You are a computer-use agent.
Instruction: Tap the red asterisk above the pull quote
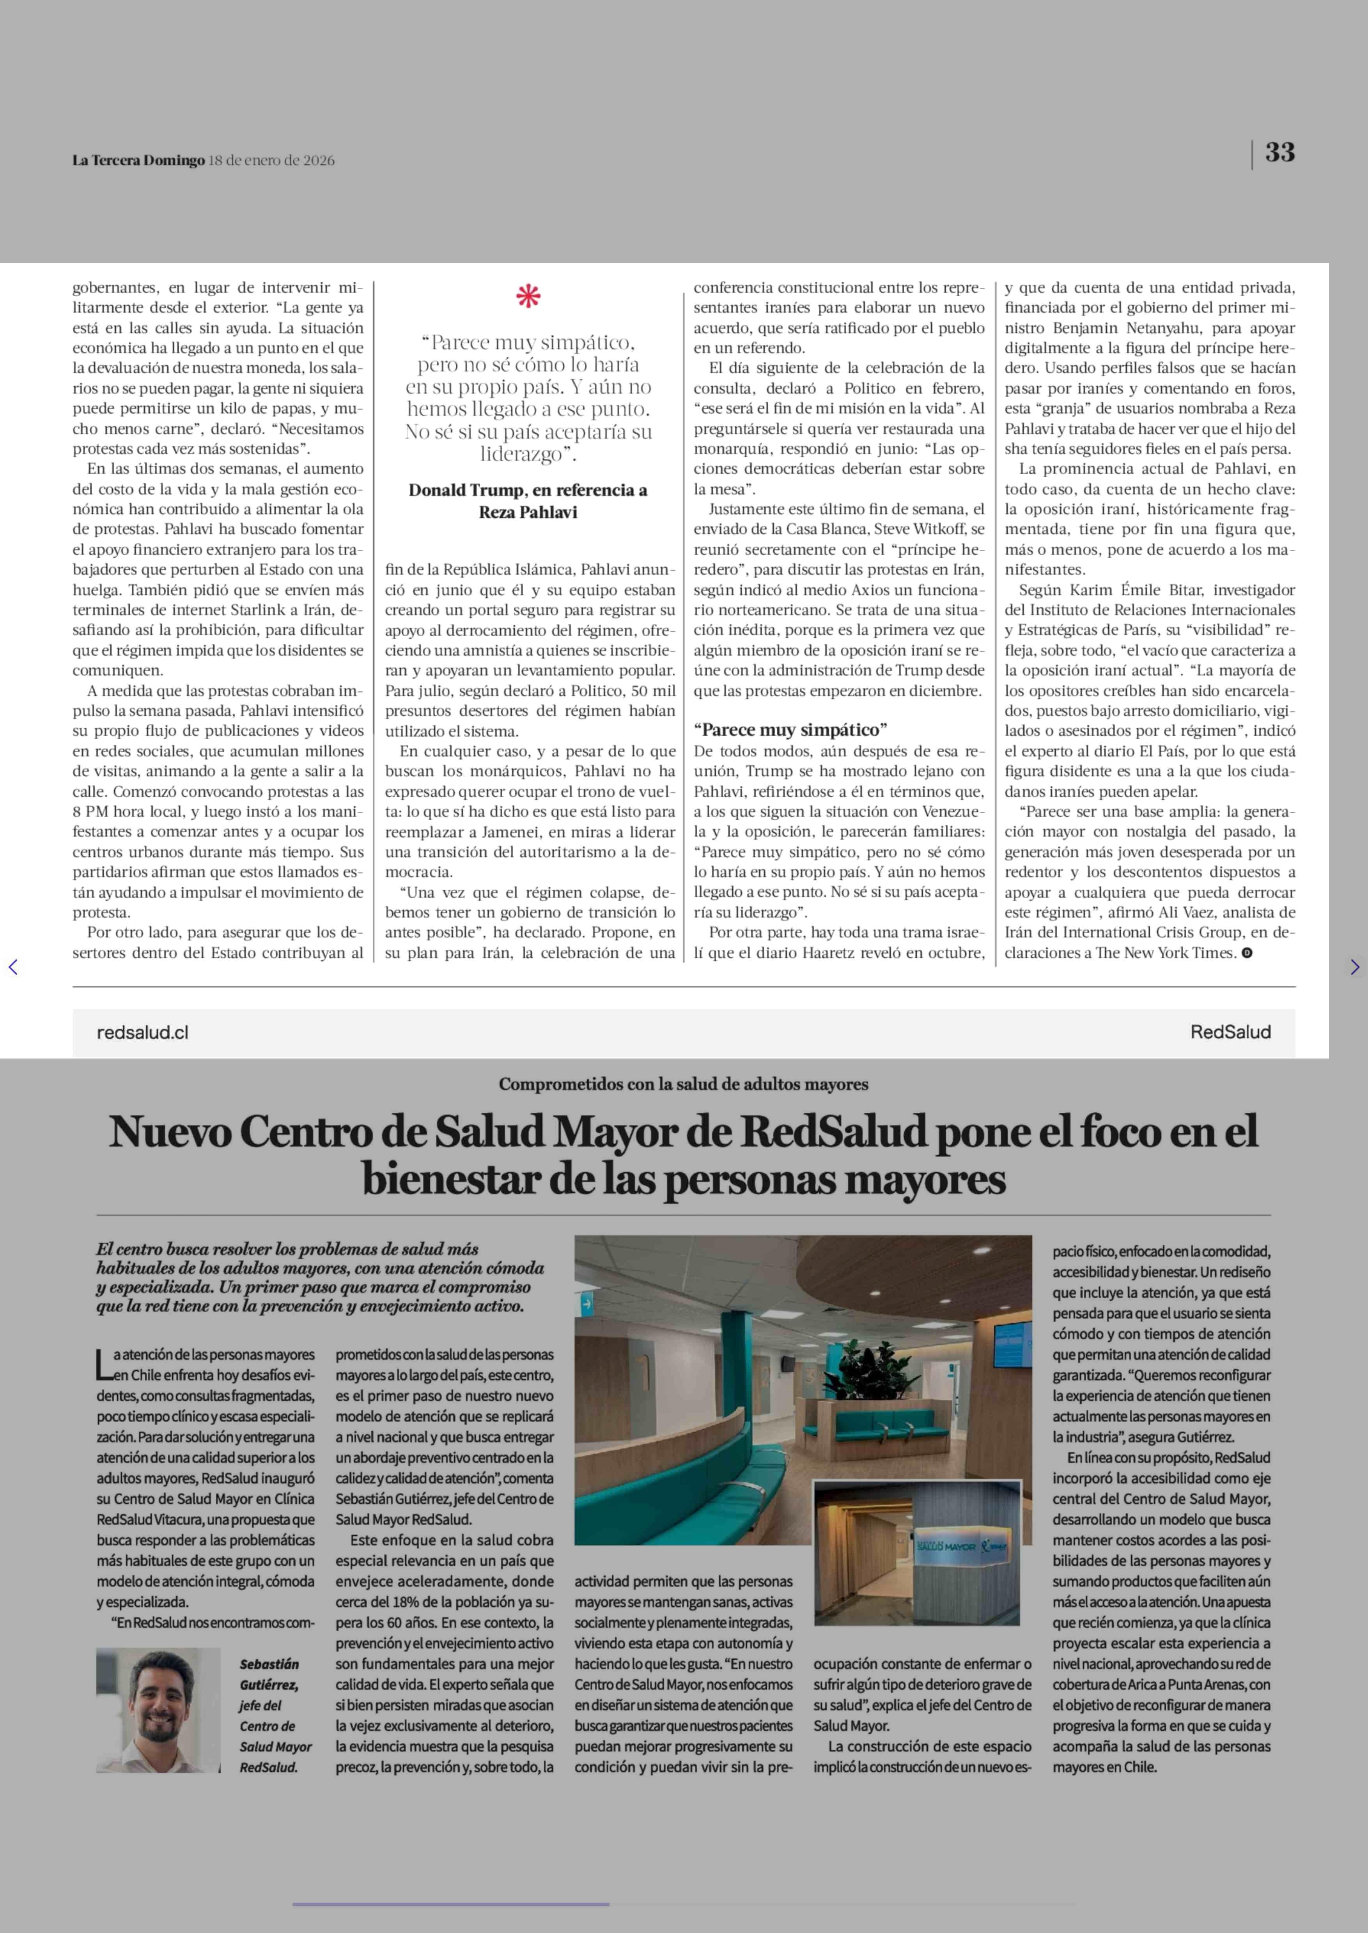coord(528,296)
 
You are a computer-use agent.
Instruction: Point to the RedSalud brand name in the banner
coord(1230,1032)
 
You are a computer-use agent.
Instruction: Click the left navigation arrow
coord(12,967)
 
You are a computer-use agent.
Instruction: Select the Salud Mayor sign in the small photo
coord(952,1547)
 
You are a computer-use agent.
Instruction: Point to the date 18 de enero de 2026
coord(271,160)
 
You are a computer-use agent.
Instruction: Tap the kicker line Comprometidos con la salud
coord(683,1084)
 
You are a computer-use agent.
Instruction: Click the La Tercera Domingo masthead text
coord(138,160)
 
